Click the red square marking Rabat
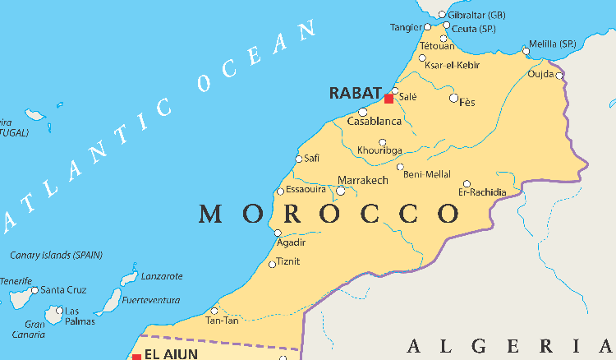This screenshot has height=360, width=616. pyautogui.click(x=388, y=99)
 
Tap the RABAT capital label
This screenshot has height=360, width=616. pyautogui.click(x=356, y=93)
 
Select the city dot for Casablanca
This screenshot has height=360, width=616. pyautogui.click(x=363, y=112)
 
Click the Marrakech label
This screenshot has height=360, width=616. pyautogui.click(x=363, y=180)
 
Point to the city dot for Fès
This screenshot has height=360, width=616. pyautogui.click(x=453, y=98)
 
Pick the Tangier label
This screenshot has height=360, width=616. pyautogui.click(x=406, y=27)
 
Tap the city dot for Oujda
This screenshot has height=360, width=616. pyautogui.click(x=559, y=76)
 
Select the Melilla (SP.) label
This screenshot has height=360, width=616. pyautogui.click(x=553, y=44)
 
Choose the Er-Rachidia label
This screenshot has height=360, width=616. pyautogui.click(x=482, y=192)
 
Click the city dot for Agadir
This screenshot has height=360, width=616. pyautogui.click(x=276, y=233)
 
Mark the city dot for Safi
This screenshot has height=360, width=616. pyautogui.click(x=299, y=159)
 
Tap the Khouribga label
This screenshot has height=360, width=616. pyautogui.click(x=379, y=150)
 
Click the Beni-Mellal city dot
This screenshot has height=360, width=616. pyautogui.click(x=401, y=167)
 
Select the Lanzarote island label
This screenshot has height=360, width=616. pyautogui.click(x=162, y=276)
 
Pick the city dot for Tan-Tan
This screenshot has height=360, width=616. pyautogui.click(x=214, y=311)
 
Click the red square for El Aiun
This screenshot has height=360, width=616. pyautogui.click(x=136, y=357)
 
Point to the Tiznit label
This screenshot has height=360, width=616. pyautogui.click(x=287, y=261)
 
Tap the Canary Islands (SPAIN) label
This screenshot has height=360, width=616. pyautogui.click(x=56, y=255)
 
